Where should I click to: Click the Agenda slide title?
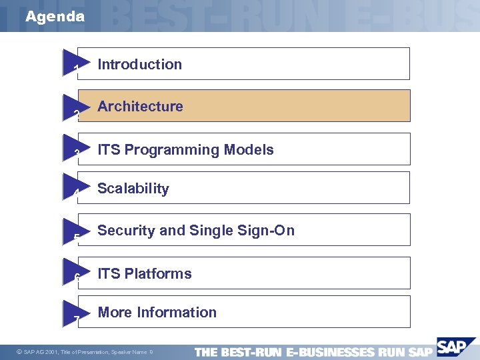click(x=55, y=17)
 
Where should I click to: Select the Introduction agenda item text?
click(x=139, y=65)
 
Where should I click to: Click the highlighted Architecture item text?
click(x=140, y=107)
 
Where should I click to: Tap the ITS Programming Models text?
click(x=185, y=150)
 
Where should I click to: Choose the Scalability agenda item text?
click(x=133, y=189)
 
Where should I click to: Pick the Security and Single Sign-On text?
click(x=196, y=231)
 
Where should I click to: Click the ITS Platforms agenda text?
click(x=145, y=274)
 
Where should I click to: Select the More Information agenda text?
click(x=157, y=313)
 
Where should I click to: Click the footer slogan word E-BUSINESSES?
click(x=331, y=352)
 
